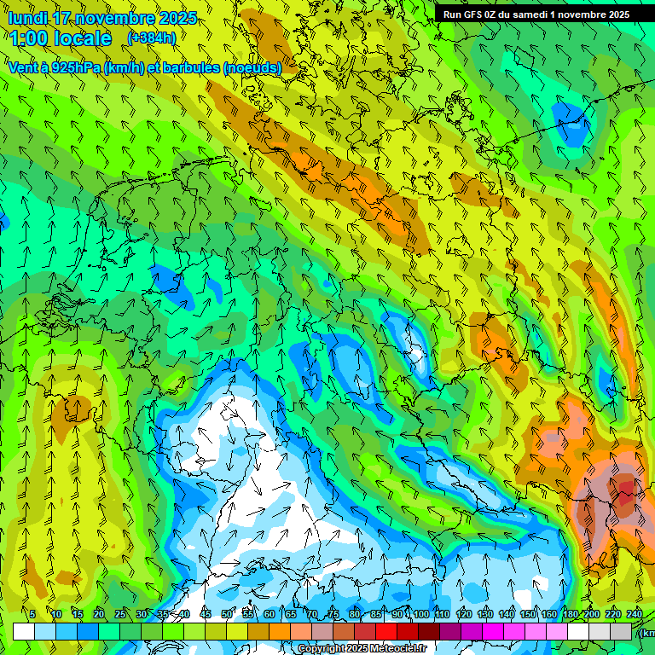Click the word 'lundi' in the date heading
pos(27,18)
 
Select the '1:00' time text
pos(27,38)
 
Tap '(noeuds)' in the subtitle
pos(252,67)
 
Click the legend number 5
pos(32,614)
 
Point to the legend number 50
pos(227,614)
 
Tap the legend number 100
pos(420,614)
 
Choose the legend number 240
pos(635,614)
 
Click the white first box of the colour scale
pos(24,631)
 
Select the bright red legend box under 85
pos(386,631)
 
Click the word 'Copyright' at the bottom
pos(322,649)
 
